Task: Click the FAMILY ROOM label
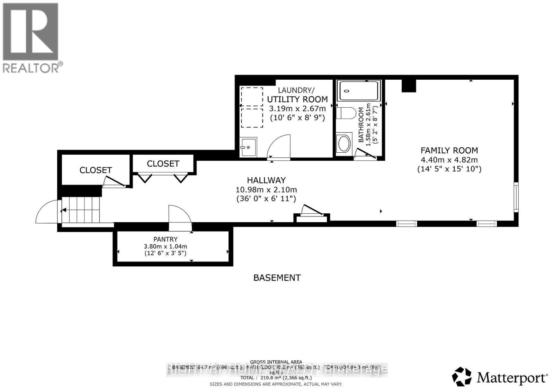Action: (449, 150)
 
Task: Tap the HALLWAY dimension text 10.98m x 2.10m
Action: (266, 190)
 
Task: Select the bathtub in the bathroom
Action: (358, 91)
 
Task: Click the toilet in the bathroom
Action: (346, 113)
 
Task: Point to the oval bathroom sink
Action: (344, 144)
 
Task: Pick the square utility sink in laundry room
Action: (248, 147)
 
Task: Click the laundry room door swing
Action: (279, 147)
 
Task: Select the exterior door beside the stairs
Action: (47, 212)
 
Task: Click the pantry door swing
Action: (180, 217)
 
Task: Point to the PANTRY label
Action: (166, 239)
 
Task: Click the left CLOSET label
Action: (96, 170)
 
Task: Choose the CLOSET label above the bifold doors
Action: (163, 163)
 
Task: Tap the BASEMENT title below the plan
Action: (277, 278)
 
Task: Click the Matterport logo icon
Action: (462, 376)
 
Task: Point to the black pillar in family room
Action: (409, 86)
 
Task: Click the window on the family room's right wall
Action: (516, 197)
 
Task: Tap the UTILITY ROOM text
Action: (297, 99)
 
